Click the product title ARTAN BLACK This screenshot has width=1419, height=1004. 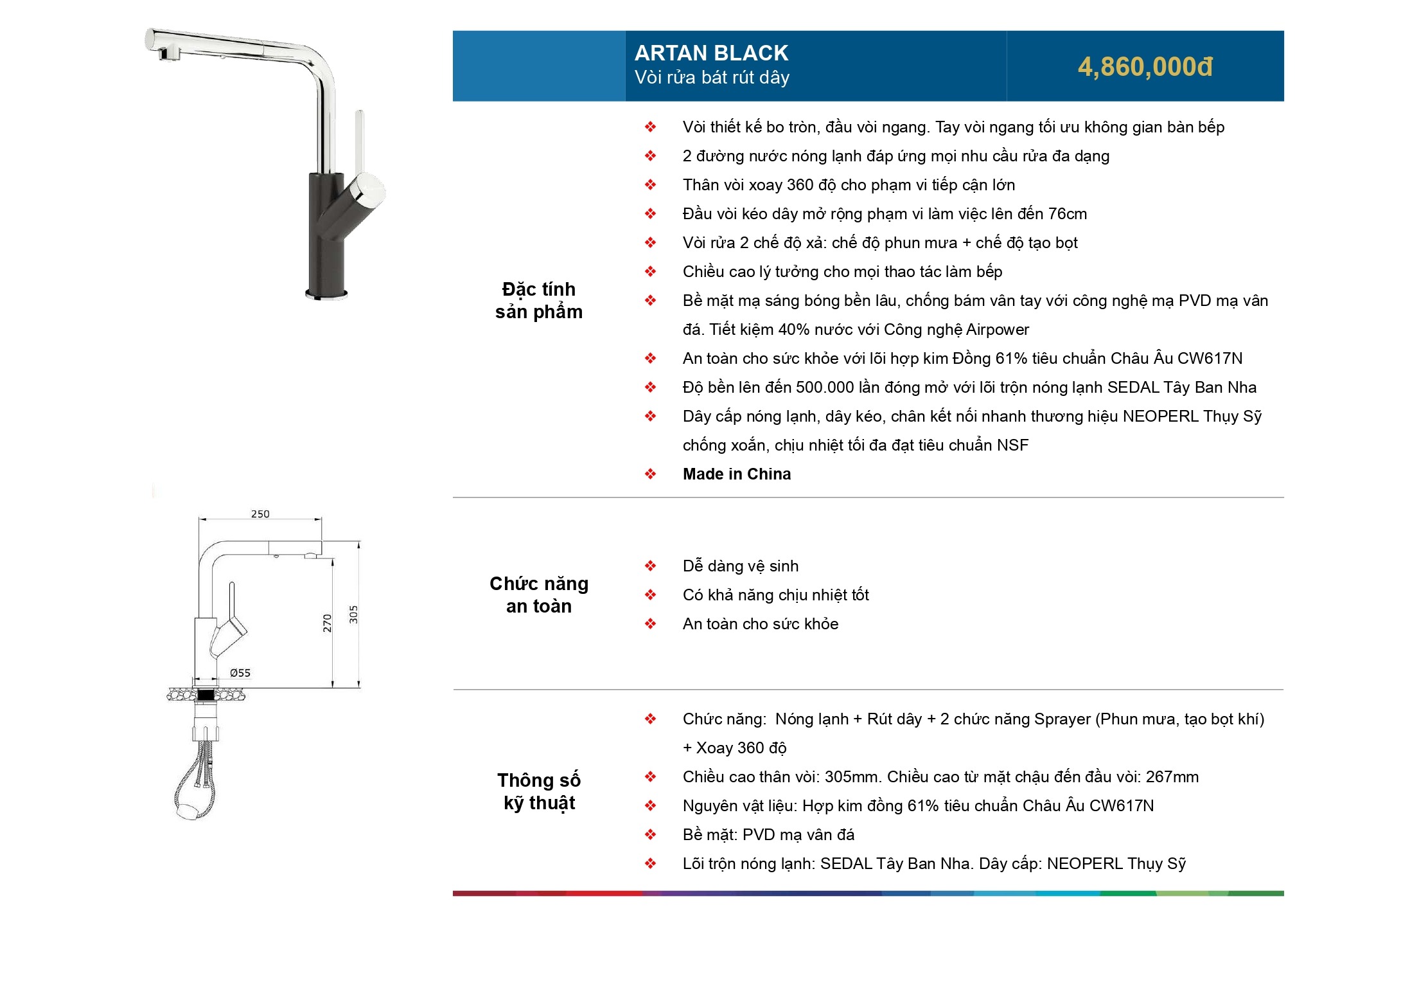click(x=711, y=53)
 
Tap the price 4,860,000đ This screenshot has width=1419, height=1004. click(x=1145, y=67)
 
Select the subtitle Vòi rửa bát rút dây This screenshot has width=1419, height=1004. click(x=712, y=78)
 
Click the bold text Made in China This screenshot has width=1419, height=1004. click(x=737, y=474)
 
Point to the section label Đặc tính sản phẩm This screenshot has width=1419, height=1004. click(x=539, y=300)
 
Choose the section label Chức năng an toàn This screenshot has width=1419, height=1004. click(x=539, y=595)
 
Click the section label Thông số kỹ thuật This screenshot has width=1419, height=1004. click(x=539, y=792)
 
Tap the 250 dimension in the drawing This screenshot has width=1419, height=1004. click(x=260, y=514)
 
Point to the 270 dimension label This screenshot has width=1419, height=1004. click(x=327, y=623)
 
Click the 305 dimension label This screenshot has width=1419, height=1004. click(x=353, y=614)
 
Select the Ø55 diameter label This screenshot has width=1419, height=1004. click(x=240, y=673)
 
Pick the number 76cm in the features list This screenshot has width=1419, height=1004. click(x=1068, y=214)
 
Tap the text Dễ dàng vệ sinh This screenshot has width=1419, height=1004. click(x=741, y=566)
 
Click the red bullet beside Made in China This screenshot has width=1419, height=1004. click(x=650, y=474)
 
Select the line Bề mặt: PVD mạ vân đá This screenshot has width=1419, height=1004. click(x=768, y=835)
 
